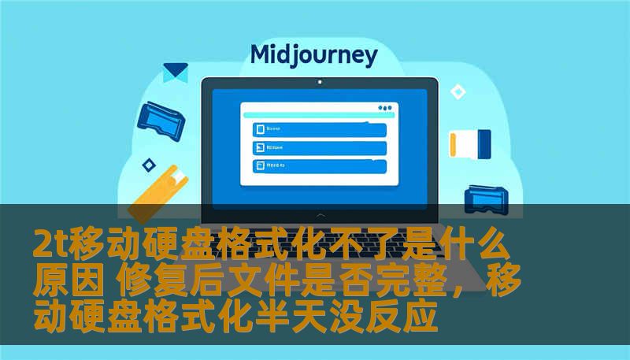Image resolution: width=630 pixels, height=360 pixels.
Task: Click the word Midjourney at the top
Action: pyautogui.click(x=313, y=54)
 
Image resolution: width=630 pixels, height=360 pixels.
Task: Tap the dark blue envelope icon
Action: pyautogui.click(x=175, y=72)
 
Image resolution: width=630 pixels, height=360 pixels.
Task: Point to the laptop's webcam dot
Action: pyautogui.click(x=319, y=82)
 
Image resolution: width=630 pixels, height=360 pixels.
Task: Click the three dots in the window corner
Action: pyautogui.click(x=384, y=108)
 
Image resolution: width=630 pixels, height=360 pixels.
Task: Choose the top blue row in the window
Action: pyautogui.click(x=319, y=129)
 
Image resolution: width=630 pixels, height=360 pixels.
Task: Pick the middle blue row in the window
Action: pyautogui.click(x=319, y=147)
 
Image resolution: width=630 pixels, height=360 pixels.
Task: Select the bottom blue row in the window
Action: pyautogui.click(x=319, y=165)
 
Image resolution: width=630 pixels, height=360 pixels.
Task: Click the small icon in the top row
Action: pyautogui.click(x=258, y=129)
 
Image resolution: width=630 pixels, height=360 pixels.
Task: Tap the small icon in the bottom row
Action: pyautogui.click(x=258, y=165)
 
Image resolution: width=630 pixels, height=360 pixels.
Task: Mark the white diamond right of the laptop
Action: pyautogui.click(x=458, y=92)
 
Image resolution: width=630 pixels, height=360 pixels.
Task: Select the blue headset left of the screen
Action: pyautogui.click(x=160, y=117)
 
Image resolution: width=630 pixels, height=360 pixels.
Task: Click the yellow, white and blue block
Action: pyautogui.click(x=469, y=144)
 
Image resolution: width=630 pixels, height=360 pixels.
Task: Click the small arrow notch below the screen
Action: pyautogui.click(x=319, y=214)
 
